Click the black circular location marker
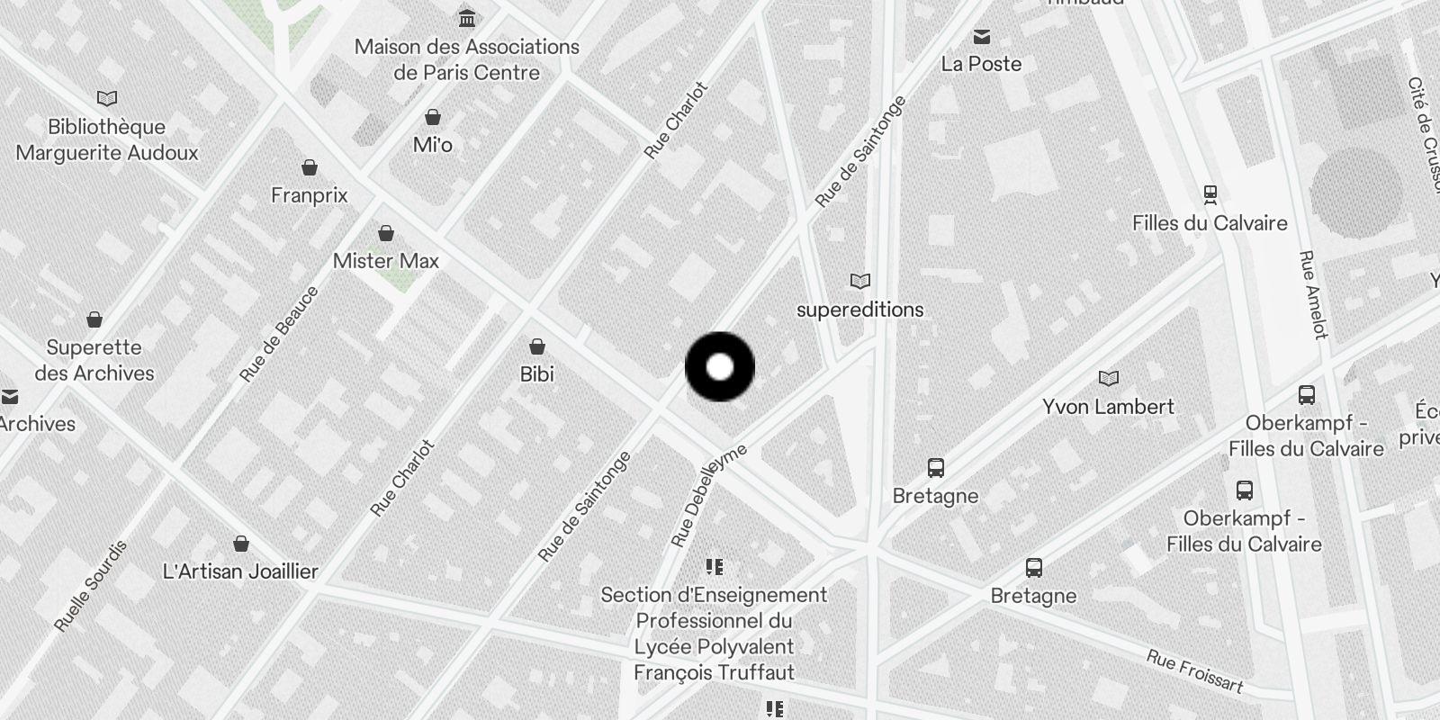(x=720, y=366)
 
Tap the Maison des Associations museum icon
(x=467, y=17)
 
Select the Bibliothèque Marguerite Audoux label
(x=107, y=139)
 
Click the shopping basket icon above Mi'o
(x=433, y=117)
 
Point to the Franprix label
(x=310, y=195)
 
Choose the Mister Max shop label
(x=386, y=261)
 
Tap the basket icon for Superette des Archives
(x=94, y=319)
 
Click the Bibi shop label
(x=537, y=373)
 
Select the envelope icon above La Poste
(x=982, y=37)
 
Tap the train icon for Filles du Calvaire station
(x=1210, y=193)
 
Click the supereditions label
(x=860, y=310)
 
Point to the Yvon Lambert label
(x=1109, y=407)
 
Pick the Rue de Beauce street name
(x=280, y=334)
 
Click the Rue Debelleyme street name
(x=709, y=495)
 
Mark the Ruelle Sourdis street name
(x=91, y=586)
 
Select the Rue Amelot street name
(x=1314, y=294)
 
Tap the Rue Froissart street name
(x=1194, y=672)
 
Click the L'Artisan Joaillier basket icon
(x=241, y=544)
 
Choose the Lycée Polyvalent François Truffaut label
(x=715, y=634)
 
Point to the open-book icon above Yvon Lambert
(x=1109, y=378)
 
